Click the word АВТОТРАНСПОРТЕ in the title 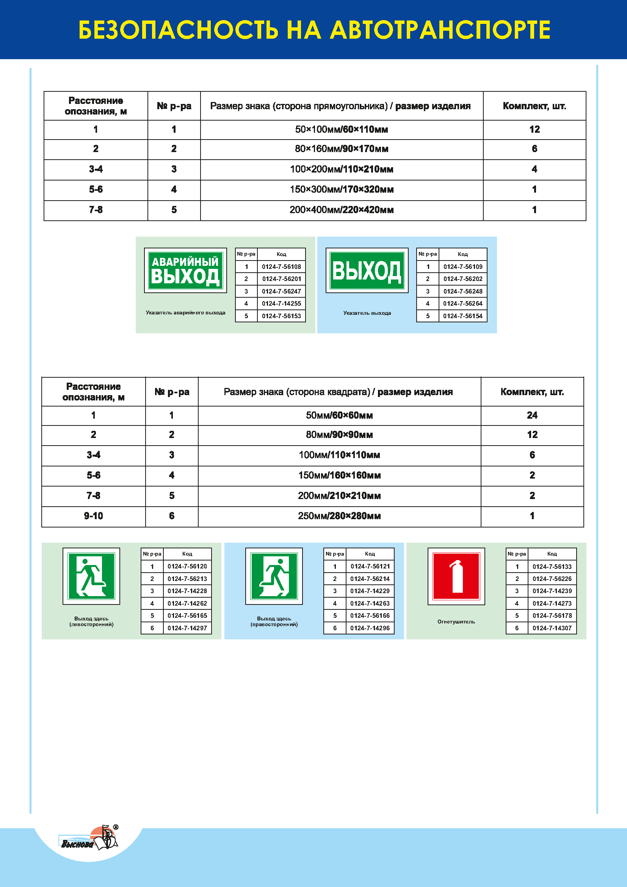click(x=440, y=30)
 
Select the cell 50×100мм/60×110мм click(x=341, y=129)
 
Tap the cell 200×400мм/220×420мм click(x=341, y=210)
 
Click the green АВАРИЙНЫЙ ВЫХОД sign click(x=185, y=270)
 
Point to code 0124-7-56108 click(x=281, y=267)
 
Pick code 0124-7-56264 click(x=462, y=304)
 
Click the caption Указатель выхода click(x=367, y=313)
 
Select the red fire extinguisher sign click(x=456, y=576)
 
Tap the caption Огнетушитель click(x=456, y=622)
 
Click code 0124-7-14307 click(x=552, y=628)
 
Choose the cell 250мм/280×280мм click(x=339, y=516)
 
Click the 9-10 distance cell click(x=93, y=516)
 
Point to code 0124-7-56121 click(x=370, y=566)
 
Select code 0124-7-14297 click(x=187, y=628)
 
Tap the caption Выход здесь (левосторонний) click(x=91, y=621)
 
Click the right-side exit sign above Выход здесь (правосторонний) click(x=274, y=576)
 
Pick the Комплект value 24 click(x=532, y=415)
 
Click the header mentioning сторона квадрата click(x=338, y=392)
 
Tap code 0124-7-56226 click(x=552, y=579)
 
